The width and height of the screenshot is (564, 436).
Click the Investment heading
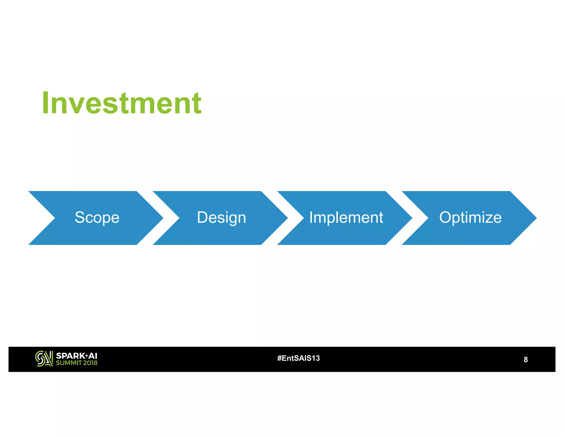pos(122,103)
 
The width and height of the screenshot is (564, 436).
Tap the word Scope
pos(97,217)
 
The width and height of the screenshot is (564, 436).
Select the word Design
pos(221,217)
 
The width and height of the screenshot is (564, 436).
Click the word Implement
pos(346,217)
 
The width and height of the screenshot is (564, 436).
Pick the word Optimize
pos(470,217)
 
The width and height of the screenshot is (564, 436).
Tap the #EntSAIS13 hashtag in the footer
pos(299,358)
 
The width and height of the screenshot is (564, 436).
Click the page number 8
pos(525,360)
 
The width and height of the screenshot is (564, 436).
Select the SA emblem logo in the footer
pos(44,359)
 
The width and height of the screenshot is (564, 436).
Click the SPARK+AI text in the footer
pos(77,356)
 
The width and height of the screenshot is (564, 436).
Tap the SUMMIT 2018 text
pos(77,363)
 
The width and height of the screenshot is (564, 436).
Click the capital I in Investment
pos(46,103)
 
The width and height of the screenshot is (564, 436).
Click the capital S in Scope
pos(80,217)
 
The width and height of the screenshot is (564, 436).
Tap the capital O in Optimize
pos(446,217)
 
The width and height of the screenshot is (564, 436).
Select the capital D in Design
pos(202,217)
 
